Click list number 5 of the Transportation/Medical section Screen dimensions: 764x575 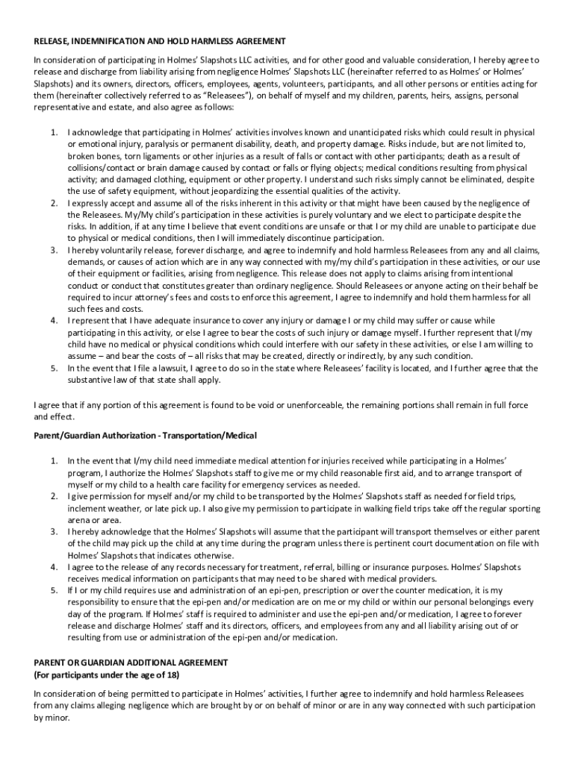pos(55,589)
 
